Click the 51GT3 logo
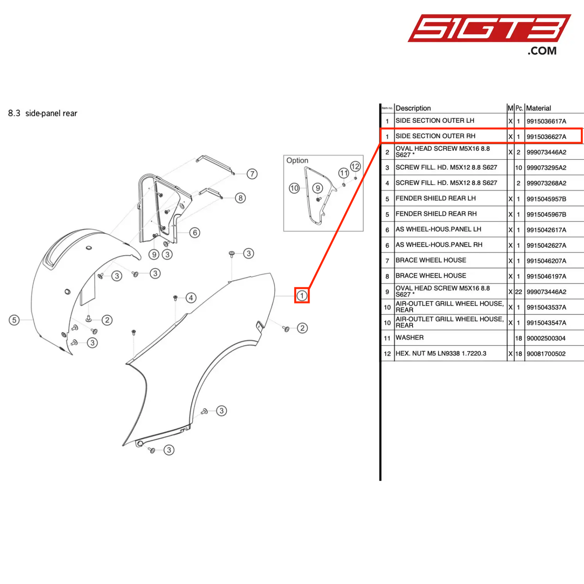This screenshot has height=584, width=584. coord(489,29)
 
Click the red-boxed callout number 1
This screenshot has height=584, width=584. coord(302,295)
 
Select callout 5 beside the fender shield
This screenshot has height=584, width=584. coord(14,320)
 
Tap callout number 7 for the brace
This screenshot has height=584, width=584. coord(252,174)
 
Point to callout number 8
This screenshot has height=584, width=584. coord(240,198)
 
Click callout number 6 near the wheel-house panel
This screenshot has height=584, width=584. coord(195,232)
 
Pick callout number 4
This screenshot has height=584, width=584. coord(191,298)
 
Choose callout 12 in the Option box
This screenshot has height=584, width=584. coord(355,166)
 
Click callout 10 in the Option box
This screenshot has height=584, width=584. coord(294,188)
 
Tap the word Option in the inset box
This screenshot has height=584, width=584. coord(297,160)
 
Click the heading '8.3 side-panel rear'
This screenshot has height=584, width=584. coord(43,114)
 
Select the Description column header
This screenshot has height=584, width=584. coord(413,108)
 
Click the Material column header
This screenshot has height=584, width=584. coord(538,108)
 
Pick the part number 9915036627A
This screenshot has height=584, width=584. coord(546,137)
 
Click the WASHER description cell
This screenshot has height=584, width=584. coord(409,338)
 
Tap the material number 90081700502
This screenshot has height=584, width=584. coord(546,354)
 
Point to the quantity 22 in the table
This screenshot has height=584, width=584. coord(519,292)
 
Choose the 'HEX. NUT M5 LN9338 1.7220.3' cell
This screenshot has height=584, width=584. coord(441,354)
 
